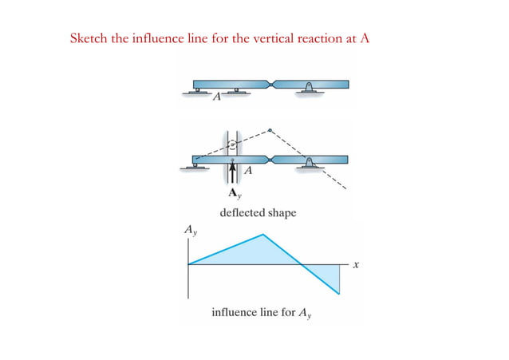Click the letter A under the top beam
(216, 99)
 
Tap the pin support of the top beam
(309, 88)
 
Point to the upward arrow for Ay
(232, 176)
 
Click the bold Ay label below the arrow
(233, 194)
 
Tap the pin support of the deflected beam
(309, 163)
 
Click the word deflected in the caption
(239, 213)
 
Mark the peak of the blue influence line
(263, 234)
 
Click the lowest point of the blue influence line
(340, 295)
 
